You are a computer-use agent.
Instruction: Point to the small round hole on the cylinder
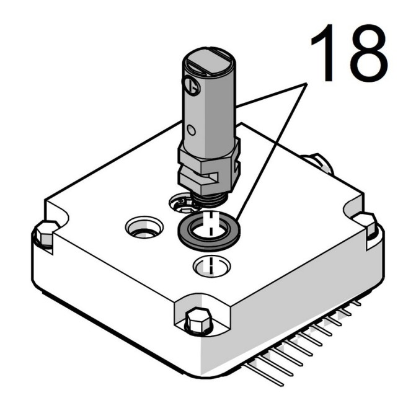click(192, 130)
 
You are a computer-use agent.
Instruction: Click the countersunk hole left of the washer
click(144, 228)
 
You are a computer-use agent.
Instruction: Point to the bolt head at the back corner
click(320, 162)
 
